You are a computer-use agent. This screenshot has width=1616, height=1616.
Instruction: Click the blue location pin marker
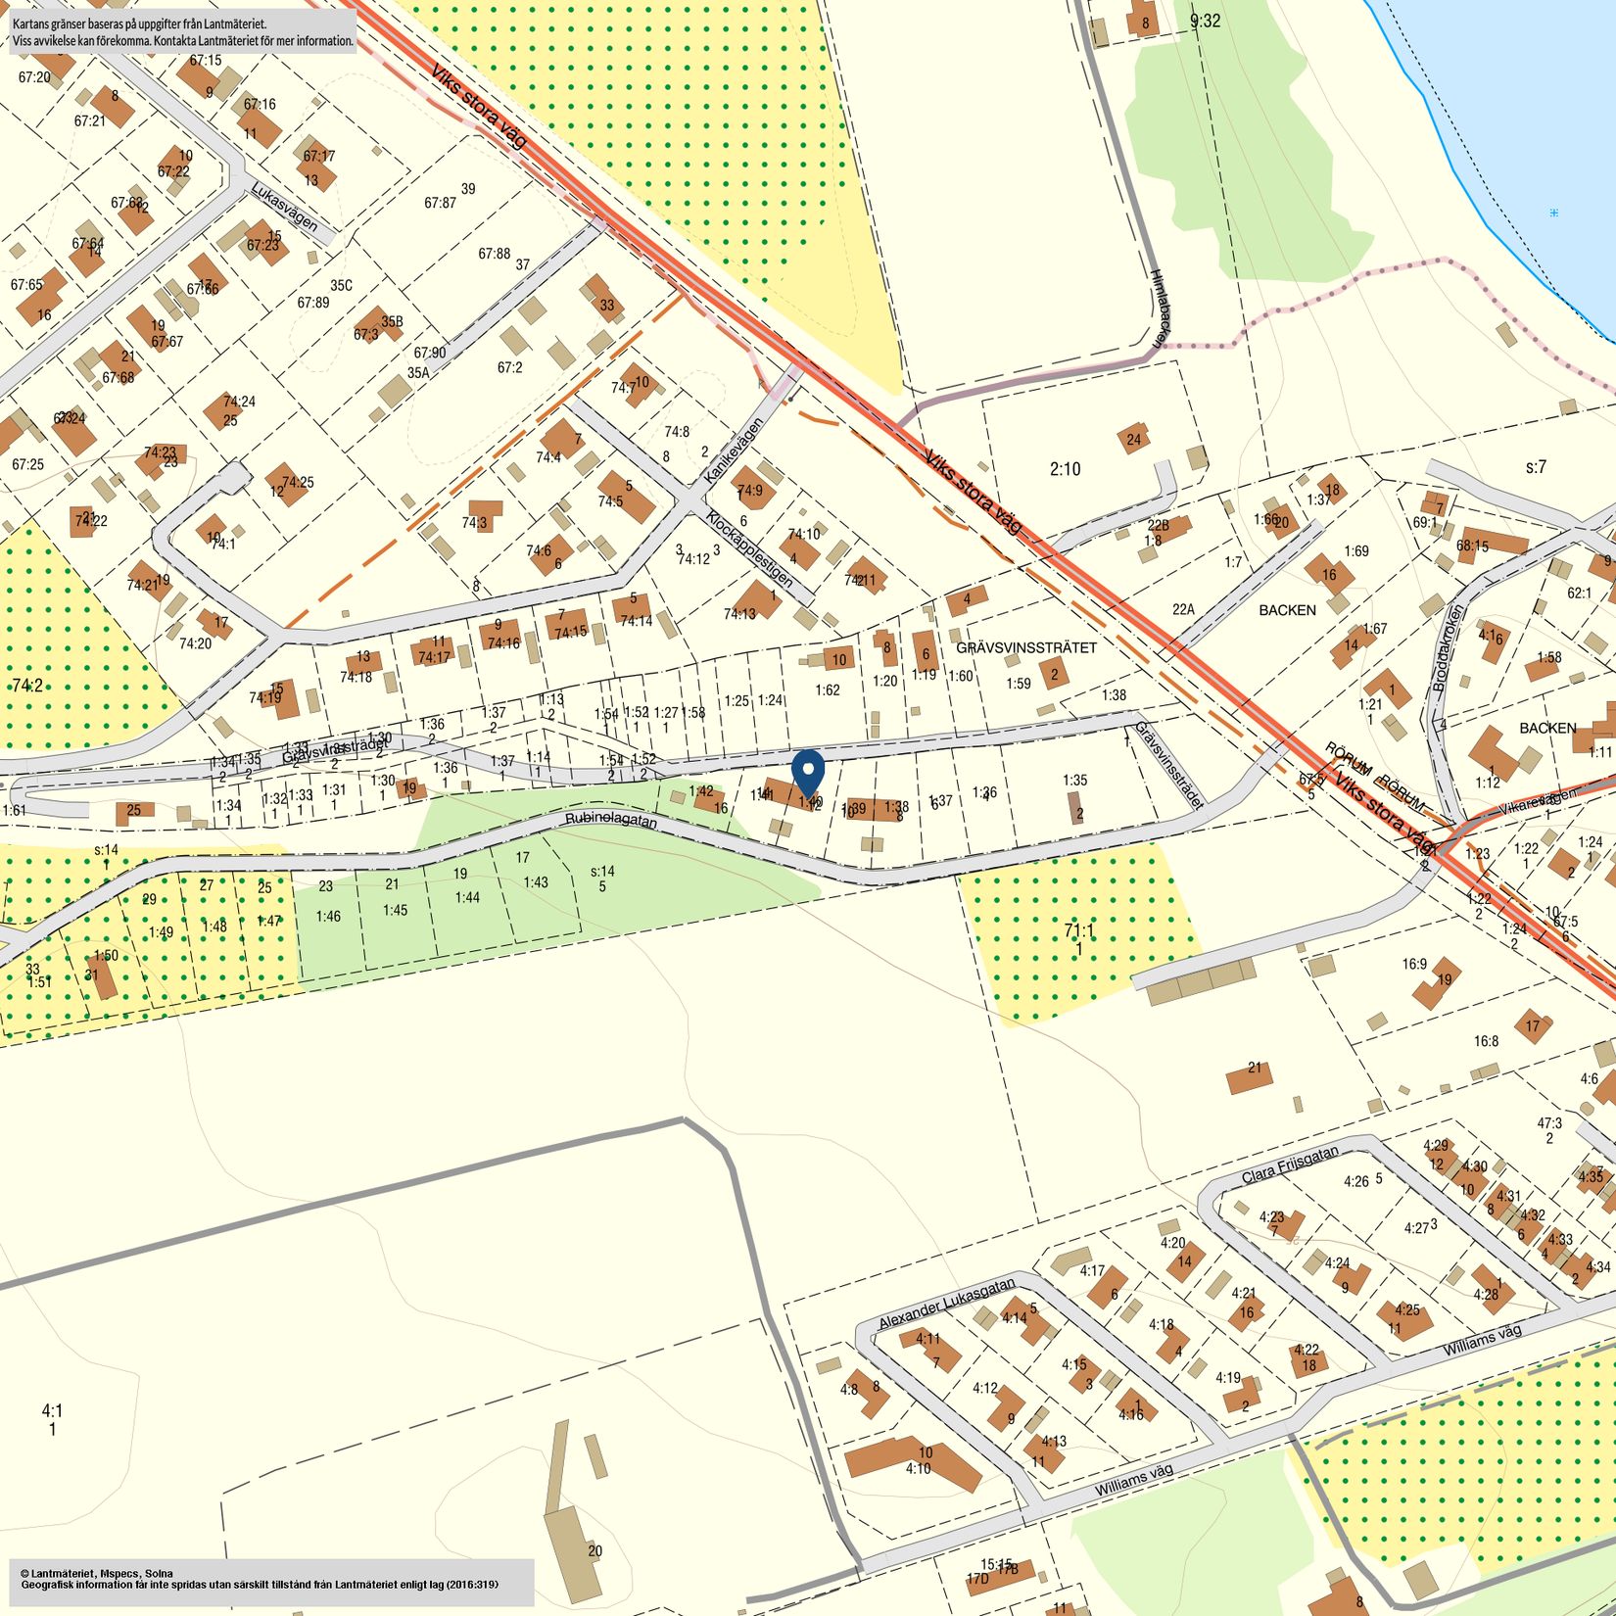807,772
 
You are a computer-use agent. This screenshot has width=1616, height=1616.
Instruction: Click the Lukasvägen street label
284,207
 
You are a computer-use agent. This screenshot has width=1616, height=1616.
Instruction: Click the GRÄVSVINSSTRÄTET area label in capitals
1025,647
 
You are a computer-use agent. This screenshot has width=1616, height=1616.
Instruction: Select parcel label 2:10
1065,469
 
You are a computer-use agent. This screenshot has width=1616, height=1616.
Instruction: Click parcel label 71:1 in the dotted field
1078,930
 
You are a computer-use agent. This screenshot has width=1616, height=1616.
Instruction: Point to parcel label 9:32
1205,20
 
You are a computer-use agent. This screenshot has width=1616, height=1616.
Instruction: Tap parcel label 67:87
440,203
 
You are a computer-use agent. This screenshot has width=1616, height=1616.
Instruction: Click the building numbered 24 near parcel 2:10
1133,439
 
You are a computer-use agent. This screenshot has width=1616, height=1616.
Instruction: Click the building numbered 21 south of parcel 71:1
1250,1075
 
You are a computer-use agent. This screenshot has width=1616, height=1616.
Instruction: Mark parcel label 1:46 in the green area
328,916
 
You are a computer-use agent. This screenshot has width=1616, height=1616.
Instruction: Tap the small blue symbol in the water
1554,213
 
